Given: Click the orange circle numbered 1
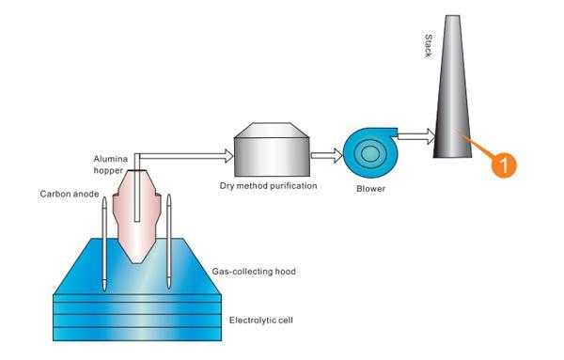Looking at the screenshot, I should tap(504, 163).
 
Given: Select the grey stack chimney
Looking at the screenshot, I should tap(455, 103).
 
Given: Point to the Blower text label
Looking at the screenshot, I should tap(371, 189).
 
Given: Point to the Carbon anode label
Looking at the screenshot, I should tap(67, 195).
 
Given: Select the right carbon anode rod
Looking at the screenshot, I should tap(170, 240).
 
